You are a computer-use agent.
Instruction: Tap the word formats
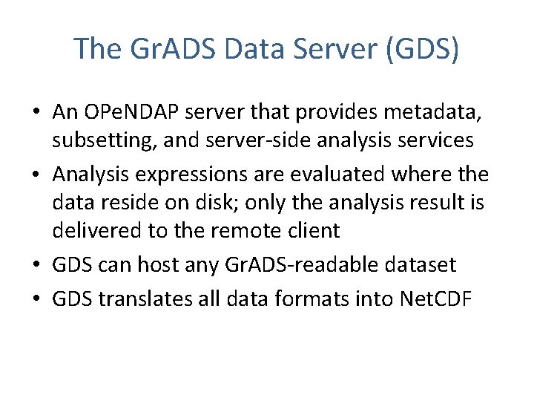coord(326,299)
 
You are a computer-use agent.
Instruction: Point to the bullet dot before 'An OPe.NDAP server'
coord(38,113)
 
